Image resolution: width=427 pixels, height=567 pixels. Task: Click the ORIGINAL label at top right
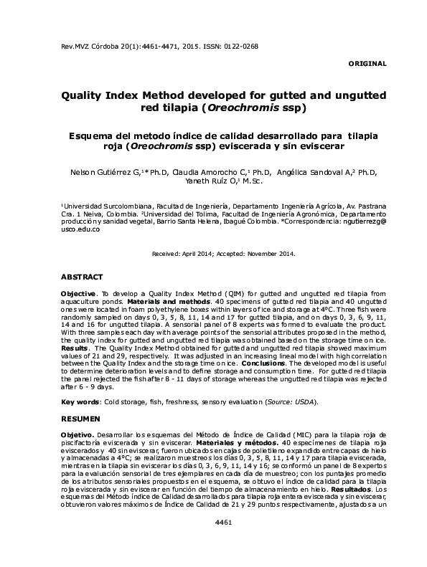[x=367, y=64]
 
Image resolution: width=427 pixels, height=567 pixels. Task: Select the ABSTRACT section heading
[x=82, y=276]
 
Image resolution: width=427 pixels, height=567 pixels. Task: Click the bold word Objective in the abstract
[x=78, y=294]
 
